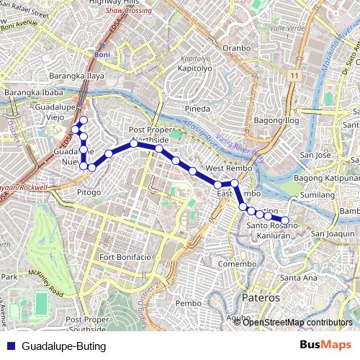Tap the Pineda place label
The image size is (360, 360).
click(x=197, y=109)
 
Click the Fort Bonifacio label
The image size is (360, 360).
click(x=126, y=257)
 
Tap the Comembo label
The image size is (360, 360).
click(x=237, y=264)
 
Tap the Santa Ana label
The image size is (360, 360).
click(x=299, y=277)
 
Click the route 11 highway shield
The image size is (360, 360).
click(x=295, y=75)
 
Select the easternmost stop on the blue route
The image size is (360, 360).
click(x=284, y=220)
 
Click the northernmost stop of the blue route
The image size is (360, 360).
click(x=84, y=120)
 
